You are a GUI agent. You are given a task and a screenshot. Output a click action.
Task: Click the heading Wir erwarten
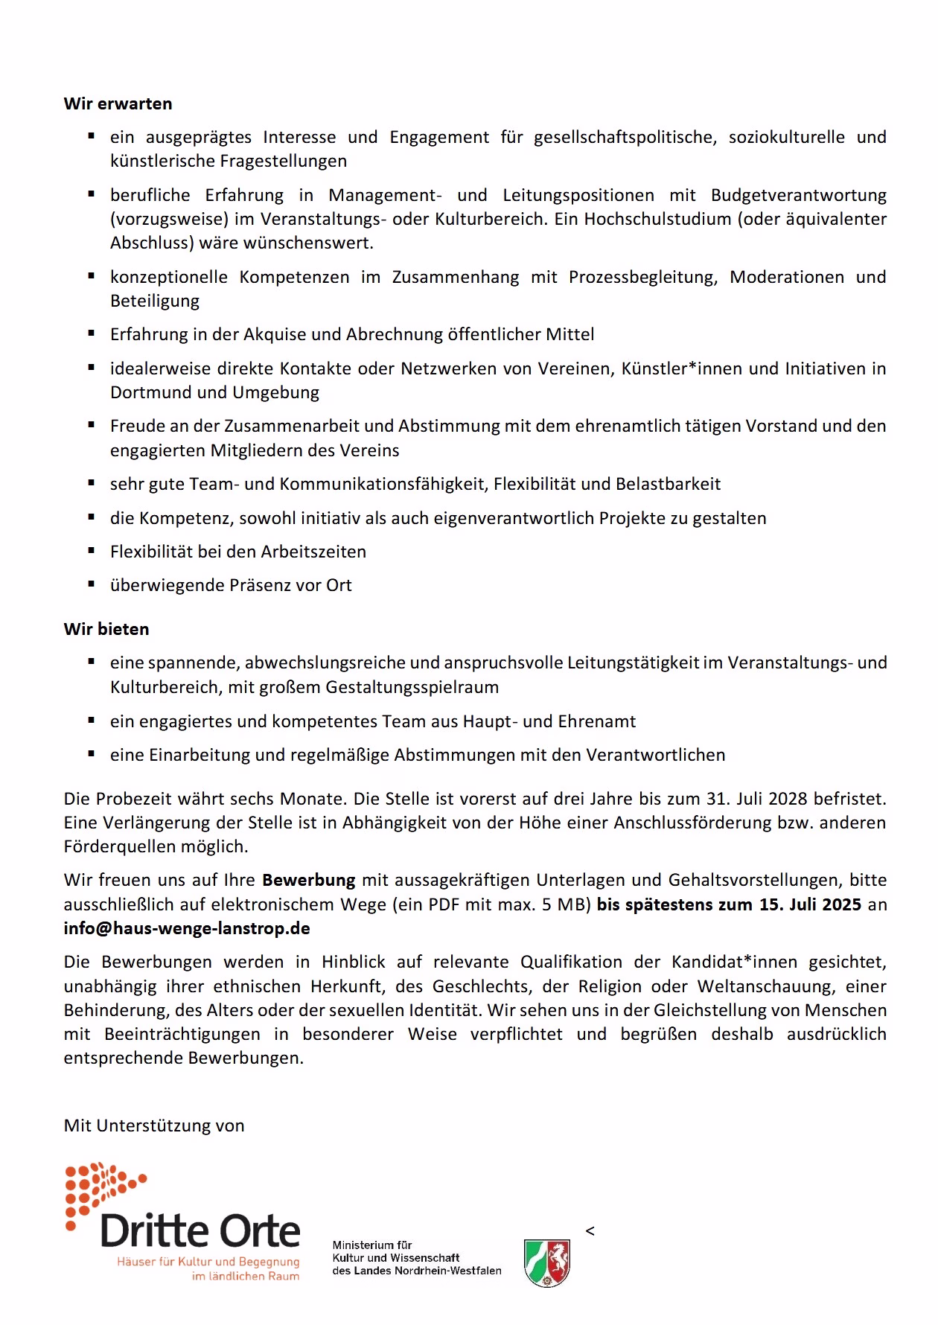(118, 103)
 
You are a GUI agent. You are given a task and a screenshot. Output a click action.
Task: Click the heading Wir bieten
(106, 629)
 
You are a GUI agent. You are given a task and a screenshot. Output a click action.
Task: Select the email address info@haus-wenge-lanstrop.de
(187, 928)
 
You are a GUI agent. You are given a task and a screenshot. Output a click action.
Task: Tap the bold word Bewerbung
(308, 880)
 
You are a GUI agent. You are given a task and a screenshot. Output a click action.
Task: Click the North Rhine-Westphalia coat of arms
(547, 1262)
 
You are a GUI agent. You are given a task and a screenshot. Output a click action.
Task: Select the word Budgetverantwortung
(798, 195)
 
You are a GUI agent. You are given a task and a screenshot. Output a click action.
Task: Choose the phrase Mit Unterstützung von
(154, 1125)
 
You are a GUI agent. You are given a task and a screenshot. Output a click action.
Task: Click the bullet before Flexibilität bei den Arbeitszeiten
(92, 551)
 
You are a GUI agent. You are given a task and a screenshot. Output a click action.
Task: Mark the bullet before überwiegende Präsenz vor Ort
(92, 584)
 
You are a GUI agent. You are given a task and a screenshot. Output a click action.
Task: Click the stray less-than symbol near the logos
(590, 1231)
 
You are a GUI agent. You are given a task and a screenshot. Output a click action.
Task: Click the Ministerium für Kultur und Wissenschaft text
(417, 1257)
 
